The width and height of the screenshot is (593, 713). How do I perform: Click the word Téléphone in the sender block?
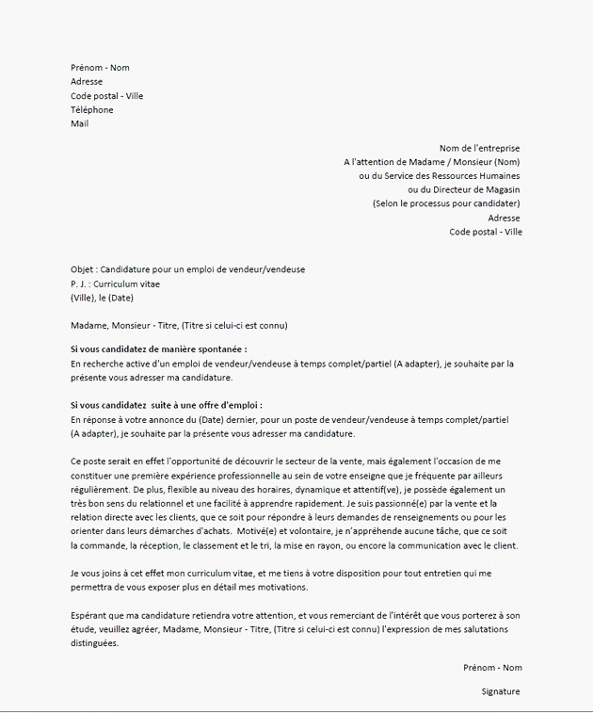pyautogui.click(x=91, y=110)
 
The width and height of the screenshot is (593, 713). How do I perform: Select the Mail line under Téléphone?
pyautogui.click(x=79, y=124)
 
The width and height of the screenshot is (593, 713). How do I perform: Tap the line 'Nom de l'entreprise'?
pyautogui.click(x=479, y=148)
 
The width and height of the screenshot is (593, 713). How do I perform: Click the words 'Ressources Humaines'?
pyautogui.click(x=475, y=176)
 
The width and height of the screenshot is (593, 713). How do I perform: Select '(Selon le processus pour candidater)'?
pyautogui.click(x=445, y=203)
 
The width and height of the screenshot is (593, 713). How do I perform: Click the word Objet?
pyautogui.click(x=82, y=269)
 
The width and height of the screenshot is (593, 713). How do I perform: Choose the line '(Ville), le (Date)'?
pyautogui.click(x=103, y=298)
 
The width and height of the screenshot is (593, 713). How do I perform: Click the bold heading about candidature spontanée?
pyautogui.click(x=158, y=349)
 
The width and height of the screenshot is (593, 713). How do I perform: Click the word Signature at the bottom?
pyautogui.click(x=500, y=691)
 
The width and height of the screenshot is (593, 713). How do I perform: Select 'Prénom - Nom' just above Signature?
pyautogui.click(x=492, y=667)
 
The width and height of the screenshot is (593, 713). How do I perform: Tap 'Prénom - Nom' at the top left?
pyautogui.click(x=100, y=68)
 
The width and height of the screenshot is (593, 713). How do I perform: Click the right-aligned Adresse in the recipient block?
pyautogui.click(x=504, y=218)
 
